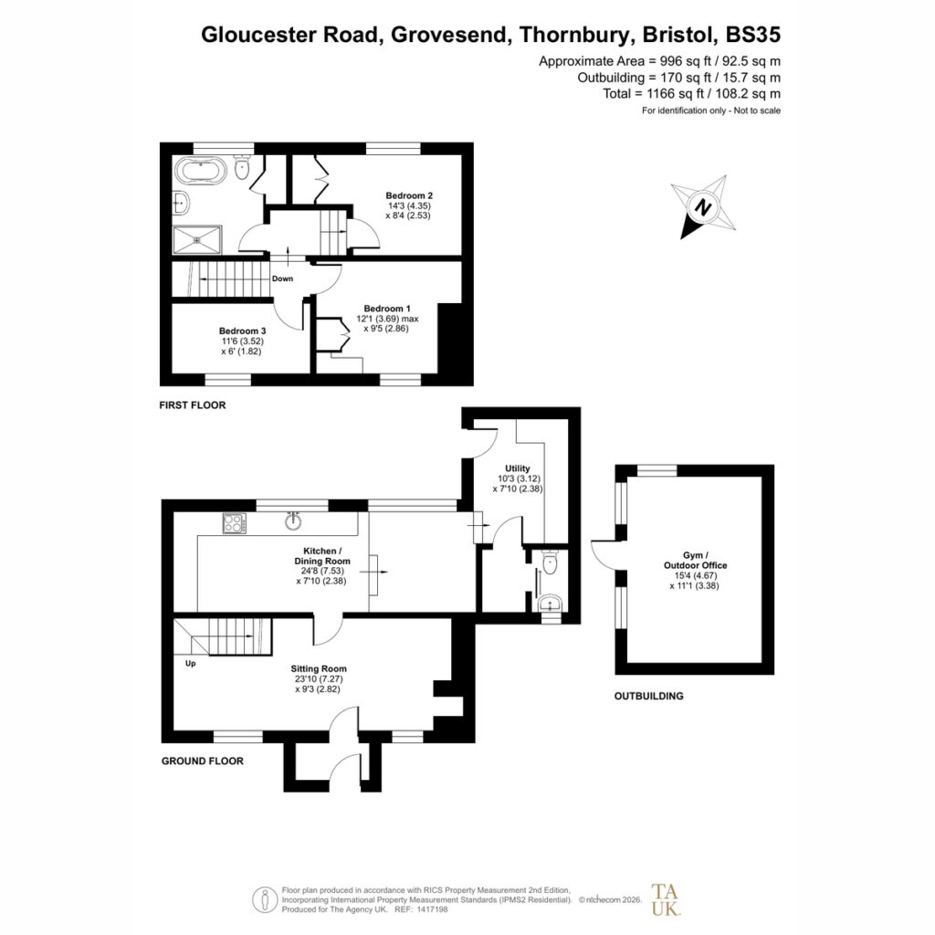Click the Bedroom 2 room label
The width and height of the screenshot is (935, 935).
point(408,195)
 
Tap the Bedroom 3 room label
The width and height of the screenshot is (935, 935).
point(242,331)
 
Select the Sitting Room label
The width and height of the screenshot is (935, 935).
point(319,669)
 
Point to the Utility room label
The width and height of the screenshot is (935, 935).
point(517,468)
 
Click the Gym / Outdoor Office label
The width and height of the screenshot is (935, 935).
point(695,561)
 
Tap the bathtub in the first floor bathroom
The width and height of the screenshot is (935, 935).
point(201,171)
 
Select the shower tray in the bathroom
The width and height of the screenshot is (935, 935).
point(197,240)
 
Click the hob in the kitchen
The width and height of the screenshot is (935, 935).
point(235,523)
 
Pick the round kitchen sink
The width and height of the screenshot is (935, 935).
point(293,521)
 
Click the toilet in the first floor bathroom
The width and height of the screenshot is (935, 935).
point(241,168)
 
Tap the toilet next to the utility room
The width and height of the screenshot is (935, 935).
point(550,562)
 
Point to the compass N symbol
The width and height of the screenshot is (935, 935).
point(704,207)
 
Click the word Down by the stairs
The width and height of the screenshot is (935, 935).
point(283,278)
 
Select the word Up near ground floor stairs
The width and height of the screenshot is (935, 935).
point(190,663)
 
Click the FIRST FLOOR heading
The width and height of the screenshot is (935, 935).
point(193,404)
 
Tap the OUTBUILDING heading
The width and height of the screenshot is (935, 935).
point(649,696)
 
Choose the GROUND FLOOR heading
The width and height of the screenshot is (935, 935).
point(203,761)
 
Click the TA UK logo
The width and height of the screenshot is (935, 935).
point(665,899)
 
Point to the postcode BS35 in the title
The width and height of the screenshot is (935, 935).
point(752,35)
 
